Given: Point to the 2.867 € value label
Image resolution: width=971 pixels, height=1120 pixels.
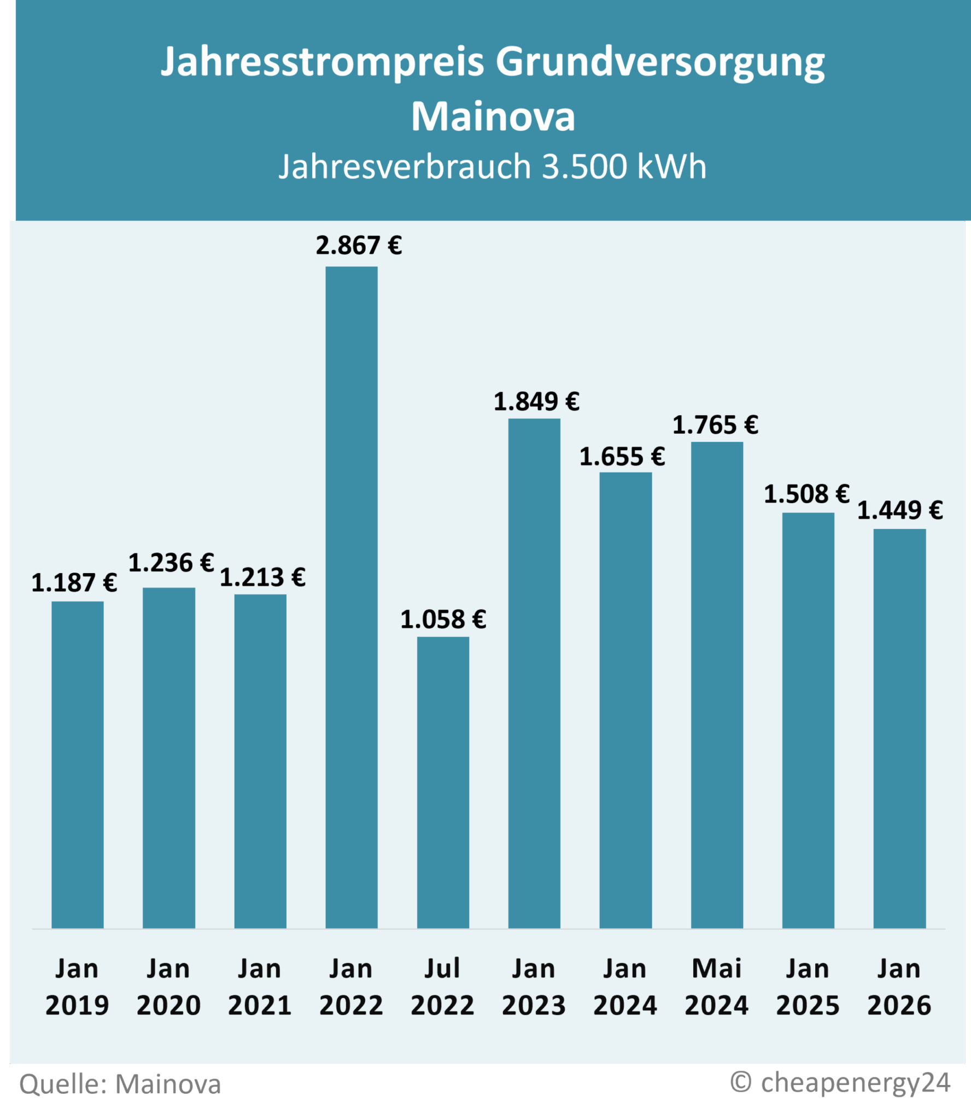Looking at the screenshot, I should [x=359, y=246].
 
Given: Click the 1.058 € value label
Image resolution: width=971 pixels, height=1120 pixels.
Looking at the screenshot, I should [x=443, y=620].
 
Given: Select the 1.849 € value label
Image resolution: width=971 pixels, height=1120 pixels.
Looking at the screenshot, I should [x=536, y=402].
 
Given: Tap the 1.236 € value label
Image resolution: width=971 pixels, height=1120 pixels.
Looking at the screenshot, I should [x=171, y=563].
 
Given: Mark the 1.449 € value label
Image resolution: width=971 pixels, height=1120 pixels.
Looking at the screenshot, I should [x=900, y=511].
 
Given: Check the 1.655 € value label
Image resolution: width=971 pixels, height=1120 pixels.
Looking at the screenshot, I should [x=622, y=457].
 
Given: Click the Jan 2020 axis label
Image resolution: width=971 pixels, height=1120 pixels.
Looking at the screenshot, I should [x=168, y=987].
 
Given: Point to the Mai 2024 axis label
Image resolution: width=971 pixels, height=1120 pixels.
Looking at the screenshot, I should [x=716, y=987].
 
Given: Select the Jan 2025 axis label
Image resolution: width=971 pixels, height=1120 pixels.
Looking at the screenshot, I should [x=808, y=987].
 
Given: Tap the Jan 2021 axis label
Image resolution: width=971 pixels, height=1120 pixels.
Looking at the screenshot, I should [x=260, y=987].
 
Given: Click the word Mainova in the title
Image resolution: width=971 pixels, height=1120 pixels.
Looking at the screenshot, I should [x=493, y=116].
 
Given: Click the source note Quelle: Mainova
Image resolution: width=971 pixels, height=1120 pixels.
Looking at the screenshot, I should [x=120, y=1084].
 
